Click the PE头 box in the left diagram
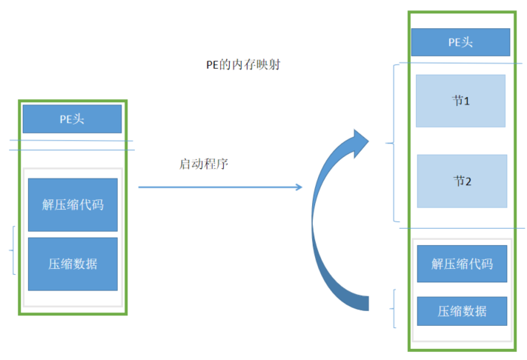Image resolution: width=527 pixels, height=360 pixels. tap(72, 119)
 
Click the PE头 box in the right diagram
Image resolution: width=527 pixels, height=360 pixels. tap(460, 41)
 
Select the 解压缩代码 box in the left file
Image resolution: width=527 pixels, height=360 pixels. tap(73, 204)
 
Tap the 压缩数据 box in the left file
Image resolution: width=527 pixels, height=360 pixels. tap(73, 264)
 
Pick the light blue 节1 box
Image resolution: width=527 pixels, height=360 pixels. tap(460, 100)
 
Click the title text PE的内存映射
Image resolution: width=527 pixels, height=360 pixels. tap(242, 64)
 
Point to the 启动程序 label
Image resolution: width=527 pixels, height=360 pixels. tap(203, 164)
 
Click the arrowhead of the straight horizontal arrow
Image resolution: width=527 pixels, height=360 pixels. tap(298, 187)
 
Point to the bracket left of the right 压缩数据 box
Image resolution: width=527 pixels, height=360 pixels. tap(393, 309)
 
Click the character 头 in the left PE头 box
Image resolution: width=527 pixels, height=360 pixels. tap(79, 119)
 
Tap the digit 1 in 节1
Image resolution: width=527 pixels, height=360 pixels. tap(467, 100)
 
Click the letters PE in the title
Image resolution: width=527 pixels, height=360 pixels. tap(212, 64)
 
